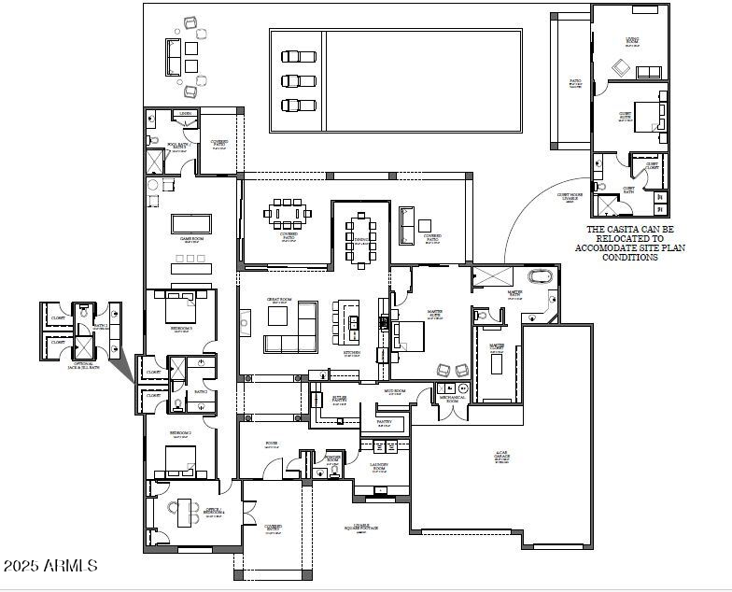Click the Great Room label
click(278, 301)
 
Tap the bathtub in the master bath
click(540, 276)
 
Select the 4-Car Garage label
click(501, 457)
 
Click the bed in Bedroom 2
click(179, 461)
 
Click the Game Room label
click(191, 239)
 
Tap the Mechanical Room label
click(452, 399)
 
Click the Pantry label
click(384, 421)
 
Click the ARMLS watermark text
click(50, 566)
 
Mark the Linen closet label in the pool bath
click(186, 114)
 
